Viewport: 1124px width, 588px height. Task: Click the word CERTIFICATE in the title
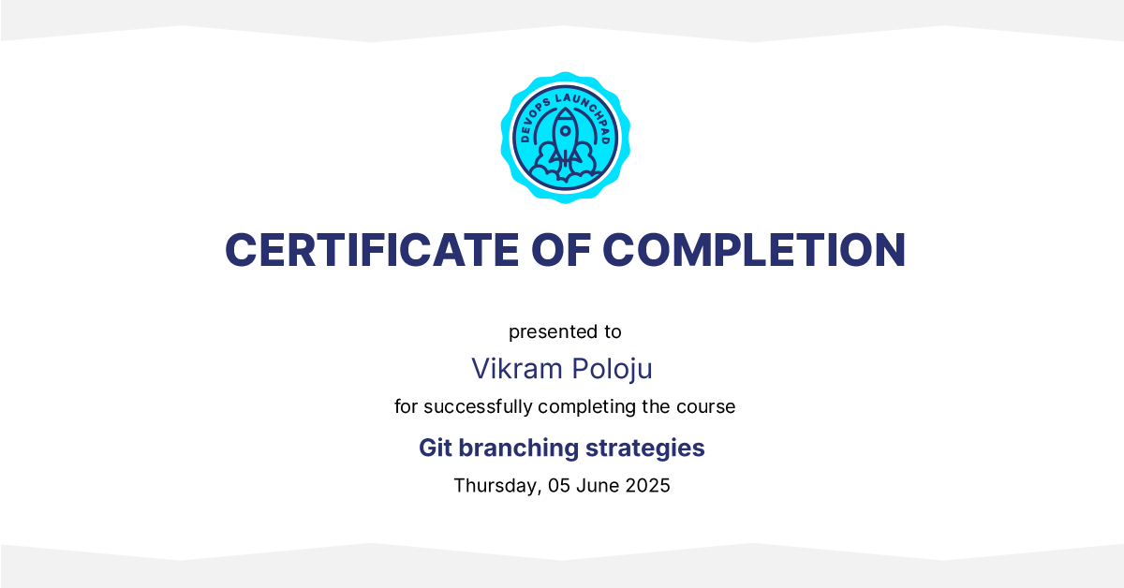[x=372, y=250]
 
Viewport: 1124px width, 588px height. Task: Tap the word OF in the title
[x=560, y=250]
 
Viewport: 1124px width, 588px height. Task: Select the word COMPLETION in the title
[x=754, y=250]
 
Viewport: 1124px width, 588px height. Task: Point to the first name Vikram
[x=517, y=369]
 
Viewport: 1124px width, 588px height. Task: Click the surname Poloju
[x=613, y=370]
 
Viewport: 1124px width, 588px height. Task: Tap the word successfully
[x=478, y=407]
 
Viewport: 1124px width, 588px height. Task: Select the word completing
[x=587, y=407]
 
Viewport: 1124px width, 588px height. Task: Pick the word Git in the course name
[x=436, y=448]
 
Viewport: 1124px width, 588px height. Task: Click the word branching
[x=519, y=448]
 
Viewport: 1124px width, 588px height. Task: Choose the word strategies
[x=644, y=448]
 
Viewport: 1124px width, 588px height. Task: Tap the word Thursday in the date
[x=497, y=486]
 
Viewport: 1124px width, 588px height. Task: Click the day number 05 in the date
[x=559, y=486]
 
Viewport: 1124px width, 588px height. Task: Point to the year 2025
[x=648, y=486]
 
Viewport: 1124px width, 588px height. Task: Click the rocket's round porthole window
[x=566, y=131]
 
